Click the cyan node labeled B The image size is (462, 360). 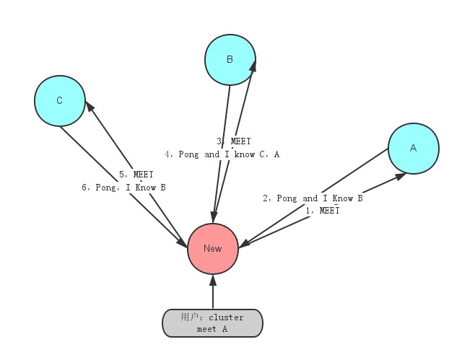230,59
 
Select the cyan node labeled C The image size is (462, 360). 59,101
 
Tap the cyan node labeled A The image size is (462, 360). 413,148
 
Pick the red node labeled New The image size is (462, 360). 212,248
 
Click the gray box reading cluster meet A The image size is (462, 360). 212,323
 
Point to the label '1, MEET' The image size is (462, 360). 322,211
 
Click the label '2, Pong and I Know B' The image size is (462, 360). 312,198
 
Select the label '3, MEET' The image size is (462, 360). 234,142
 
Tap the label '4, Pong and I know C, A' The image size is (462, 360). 222,154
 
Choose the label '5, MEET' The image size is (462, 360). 136,175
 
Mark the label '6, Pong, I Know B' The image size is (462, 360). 123,188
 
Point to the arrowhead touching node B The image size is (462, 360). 253,66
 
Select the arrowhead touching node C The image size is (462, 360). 89,106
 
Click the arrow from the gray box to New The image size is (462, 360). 212,292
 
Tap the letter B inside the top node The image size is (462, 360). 230,59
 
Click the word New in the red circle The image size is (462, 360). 212,248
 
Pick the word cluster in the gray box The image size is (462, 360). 227,317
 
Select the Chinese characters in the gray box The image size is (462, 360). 190,317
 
